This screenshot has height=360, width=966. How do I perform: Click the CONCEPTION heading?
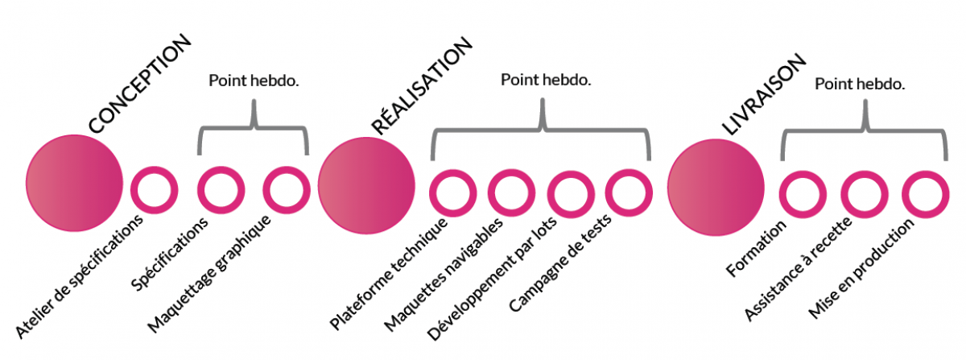[x=139, y=84]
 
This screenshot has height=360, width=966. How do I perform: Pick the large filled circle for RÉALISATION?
[x=367, y=186]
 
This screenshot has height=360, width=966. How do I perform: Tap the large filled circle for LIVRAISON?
[x=716, y=187]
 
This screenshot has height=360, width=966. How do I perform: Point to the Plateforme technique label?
[x=388, y=273]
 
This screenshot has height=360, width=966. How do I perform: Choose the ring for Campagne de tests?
[x=628, y=191]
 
